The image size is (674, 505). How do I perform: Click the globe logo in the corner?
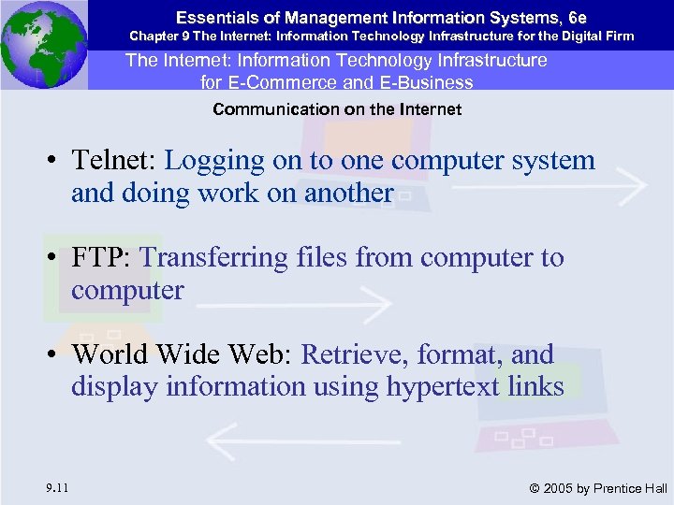[x=44, y=45]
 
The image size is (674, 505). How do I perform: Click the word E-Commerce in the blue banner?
[x=268, y=82]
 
